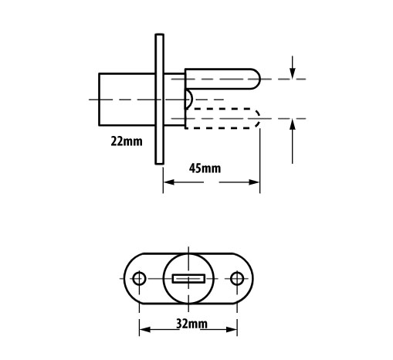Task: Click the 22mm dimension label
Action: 127,141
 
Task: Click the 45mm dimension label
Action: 205,168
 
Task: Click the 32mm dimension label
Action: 191,324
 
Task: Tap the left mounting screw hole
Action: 139,278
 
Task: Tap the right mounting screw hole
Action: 237,278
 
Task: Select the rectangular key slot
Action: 188,279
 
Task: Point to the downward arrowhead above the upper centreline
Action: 292,73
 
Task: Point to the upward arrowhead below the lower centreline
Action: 292,125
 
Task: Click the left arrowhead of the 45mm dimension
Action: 169,182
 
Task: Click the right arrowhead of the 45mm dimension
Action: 254,182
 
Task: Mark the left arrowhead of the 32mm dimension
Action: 145,329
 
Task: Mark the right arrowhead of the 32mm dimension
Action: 232,329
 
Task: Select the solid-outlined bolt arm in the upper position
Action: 222,79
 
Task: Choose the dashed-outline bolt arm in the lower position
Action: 222,118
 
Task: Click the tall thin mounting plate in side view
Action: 160,99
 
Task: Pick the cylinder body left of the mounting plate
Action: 127,100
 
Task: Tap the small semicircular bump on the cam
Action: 189,99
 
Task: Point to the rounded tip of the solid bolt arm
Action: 257,79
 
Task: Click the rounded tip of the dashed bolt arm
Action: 257,118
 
